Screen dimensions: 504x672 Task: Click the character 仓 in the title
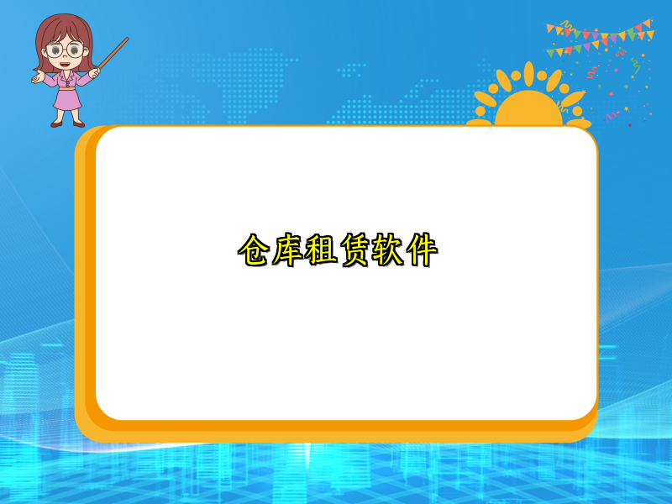[255, 250]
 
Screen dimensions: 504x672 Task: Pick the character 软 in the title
[388, 250]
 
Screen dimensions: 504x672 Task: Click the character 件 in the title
[422, 250]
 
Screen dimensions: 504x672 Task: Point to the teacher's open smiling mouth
[65, 63]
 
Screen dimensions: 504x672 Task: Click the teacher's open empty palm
[37, 78]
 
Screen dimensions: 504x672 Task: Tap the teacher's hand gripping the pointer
[94, 73]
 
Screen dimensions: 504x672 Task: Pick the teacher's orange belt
[66, 87]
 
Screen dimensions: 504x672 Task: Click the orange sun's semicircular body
[528, 111]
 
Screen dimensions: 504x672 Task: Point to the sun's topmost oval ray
[528, 73]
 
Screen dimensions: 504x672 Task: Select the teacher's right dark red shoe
[78, 123]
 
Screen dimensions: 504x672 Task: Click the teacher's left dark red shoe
[56, 123]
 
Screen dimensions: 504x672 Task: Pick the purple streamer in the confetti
[611, 114]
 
